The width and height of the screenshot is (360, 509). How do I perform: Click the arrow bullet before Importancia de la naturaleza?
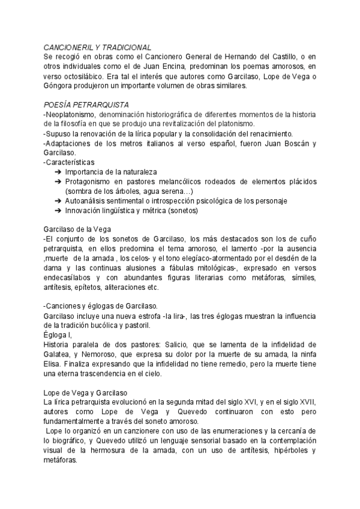pyautogui.click(x=57, y=172)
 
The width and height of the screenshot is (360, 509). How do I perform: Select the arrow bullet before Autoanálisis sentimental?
pyautogui.click(x=57, y=201)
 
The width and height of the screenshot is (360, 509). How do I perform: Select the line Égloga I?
pyautogui.click(x=58, y=336)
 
